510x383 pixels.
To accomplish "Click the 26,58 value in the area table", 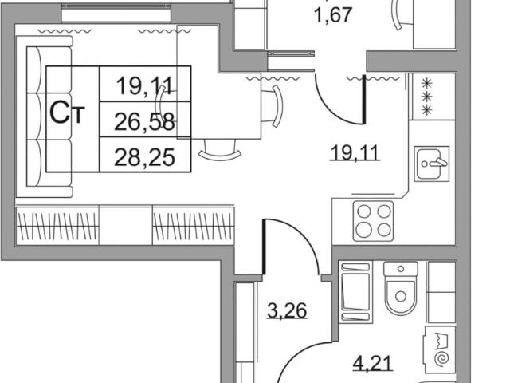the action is pyautogui.click(x=144, y=122).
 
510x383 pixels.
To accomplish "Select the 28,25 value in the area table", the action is pyautogui.click(x=144, y=157).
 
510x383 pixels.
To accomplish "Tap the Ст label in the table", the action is pyautogui.click(x=67, y=113).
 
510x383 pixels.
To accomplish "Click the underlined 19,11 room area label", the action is pyautogui.click(x=355, y=152).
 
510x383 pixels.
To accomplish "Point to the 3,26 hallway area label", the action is pyautogui.click(x=287, y=310).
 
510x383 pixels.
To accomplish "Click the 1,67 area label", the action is pyautogui.click(x=334, y=14).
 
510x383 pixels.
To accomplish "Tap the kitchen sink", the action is pyautogui.click(x=432, y=164).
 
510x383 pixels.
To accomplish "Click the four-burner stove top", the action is pyautogui.click(x=374, y=221).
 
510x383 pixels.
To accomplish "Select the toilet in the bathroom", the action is pyautogui.click(x=401, y=288).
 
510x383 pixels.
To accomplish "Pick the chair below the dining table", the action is pyautogui.click(x=220, y=151).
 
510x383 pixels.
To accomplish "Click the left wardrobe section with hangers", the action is pyautogui.click(x=57, y=225).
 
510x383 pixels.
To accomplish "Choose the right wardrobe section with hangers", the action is pyautogui.click(x=194, y=225).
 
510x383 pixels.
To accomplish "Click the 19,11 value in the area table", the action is pyautogui.click(x=144, y=85).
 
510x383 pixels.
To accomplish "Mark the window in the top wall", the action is pyautogui.click(x=116, y=14).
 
